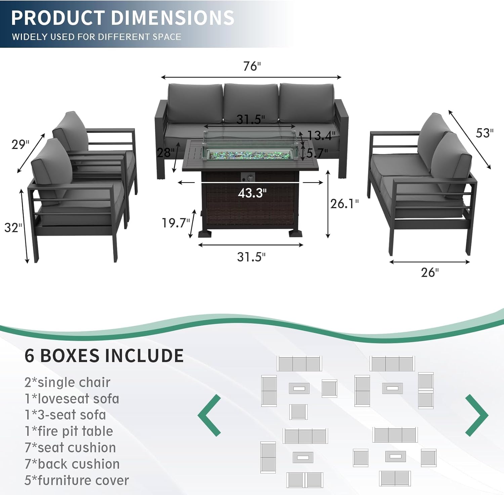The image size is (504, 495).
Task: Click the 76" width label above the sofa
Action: point(252,66)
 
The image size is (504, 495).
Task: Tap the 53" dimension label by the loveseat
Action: point(484,133)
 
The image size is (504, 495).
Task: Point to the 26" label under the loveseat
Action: point(430,272)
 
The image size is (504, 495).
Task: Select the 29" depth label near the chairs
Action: point(20,145)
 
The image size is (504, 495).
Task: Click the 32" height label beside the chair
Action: point(13,228)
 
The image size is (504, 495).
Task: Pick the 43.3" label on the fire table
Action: point(252,193)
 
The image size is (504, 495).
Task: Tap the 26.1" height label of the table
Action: point(344,204)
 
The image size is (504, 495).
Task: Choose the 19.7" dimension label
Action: point(176,223)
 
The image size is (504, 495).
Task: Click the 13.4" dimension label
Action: point(321,136)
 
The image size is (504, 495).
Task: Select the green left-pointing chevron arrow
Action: point(210,415)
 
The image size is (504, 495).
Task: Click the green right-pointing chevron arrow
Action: point(476,415)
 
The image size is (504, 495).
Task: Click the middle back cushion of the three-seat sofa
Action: point(251,102)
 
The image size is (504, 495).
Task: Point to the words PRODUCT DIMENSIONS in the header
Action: point(123,18)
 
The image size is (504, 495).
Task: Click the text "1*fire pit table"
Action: point(69,431)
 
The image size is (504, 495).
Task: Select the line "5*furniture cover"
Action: point(77,480)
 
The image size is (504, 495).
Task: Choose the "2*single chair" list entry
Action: point(67,382)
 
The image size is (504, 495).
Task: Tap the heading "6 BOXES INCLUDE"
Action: point(104,355)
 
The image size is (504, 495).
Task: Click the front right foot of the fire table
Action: point(295,233)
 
